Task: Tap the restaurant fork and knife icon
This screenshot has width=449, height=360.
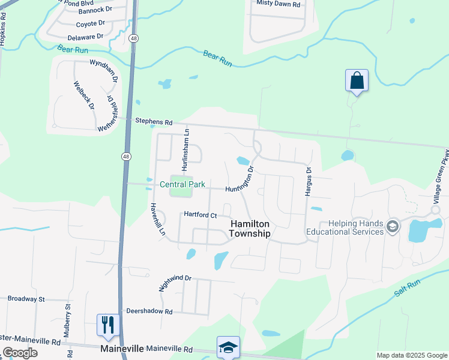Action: (108, 325)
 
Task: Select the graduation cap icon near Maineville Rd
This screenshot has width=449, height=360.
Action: (228, 347)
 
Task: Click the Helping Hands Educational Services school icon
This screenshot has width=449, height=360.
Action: (393, 227)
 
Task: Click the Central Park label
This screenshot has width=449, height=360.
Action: (182, 184)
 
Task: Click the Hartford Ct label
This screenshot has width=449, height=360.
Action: (199, 214)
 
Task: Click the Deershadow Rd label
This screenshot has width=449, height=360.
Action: (149, 312)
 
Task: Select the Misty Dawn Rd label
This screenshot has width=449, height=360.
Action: (277, 3)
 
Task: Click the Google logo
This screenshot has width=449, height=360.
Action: (20, 353)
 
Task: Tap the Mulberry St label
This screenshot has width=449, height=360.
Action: (68, 314)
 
